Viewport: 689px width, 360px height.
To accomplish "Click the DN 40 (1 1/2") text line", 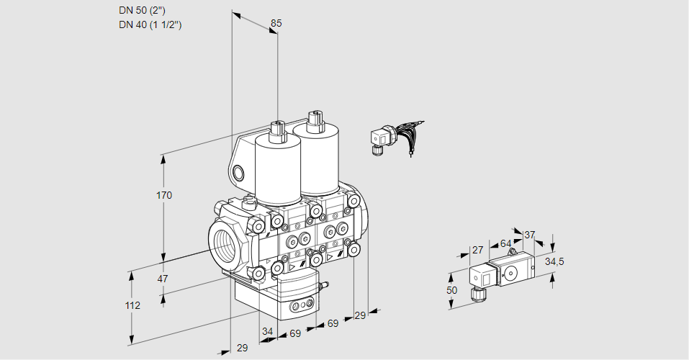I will point(150,24).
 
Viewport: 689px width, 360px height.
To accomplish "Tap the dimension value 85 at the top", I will point(276,23).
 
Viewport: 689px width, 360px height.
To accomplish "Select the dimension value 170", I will point(164,195).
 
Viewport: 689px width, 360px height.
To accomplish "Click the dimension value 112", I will point(132,305).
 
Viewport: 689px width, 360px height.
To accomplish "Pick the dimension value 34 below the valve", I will point(268,332).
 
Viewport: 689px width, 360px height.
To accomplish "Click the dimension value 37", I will point(530,235).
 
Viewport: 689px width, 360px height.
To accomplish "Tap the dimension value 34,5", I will point(554,261).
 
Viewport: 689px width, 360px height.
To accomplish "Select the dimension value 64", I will point(505,243).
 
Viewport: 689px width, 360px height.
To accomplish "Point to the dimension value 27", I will point(477,250).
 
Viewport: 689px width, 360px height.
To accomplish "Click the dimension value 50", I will point(451,290).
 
